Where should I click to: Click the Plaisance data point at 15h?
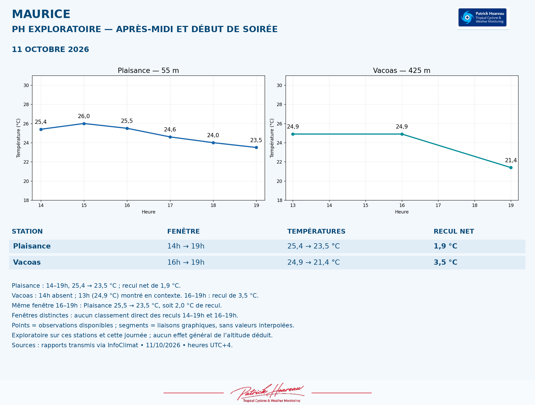84,124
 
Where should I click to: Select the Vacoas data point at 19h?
511,167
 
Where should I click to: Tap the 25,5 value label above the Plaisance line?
127,121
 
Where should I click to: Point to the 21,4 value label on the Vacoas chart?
511,160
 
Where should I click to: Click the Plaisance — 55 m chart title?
148,71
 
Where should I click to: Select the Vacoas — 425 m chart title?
402,71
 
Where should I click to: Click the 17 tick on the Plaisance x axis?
170,205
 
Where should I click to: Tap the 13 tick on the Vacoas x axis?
293,205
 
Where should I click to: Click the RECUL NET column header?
454,232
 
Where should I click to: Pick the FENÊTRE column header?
183,232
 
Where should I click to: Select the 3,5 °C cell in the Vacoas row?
445,262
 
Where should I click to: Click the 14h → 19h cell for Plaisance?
186,246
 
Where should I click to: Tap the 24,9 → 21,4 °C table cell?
313,262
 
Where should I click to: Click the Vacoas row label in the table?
27,262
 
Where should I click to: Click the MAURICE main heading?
41,14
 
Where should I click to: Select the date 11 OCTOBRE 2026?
50,49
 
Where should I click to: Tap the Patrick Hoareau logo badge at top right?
483,18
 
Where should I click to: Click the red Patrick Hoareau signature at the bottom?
267,392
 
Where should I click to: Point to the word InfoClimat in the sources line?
123,345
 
